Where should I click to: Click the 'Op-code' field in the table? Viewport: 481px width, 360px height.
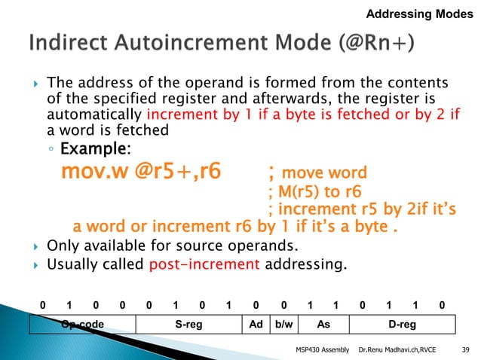(x=81, y=325)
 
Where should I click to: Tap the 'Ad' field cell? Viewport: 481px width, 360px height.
(x=256, y=325)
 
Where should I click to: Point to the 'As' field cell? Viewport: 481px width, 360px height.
(x=323, y=325)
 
